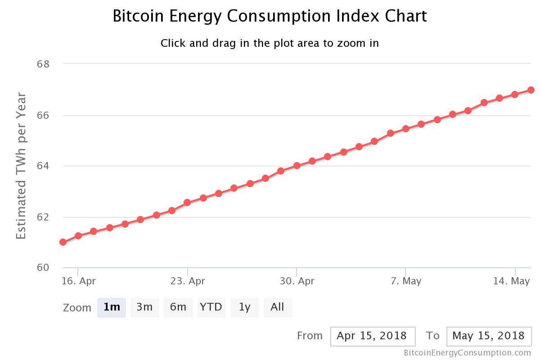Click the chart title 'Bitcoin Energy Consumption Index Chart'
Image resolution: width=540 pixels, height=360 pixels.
point(270,16)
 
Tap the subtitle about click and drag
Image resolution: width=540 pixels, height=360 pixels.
point(270,43)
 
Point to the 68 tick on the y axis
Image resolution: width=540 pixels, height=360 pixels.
point(43,64)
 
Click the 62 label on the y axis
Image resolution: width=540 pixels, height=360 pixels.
point(43,217)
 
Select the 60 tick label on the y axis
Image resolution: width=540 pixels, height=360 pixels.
point(43,268)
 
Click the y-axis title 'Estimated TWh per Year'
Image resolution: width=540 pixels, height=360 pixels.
point(21,166)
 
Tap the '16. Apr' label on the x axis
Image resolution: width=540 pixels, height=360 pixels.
point(79,281)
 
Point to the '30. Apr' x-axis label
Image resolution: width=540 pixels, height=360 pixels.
point(297,281)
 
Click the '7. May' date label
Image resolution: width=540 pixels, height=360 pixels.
point(406,281)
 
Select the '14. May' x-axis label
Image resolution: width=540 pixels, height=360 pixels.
point(512,281)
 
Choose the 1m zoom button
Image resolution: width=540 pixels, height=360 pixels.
point(112,307)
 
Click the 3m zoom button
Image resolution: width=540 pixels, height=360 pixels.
point(144,307)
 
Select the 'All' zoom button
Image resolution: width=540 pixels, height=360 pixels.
point(277,307)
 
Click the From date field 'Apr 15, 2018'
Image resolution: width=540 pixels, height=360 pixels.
point(372,336)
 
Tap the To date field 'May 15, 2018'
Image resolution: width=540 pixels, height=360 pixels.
point(489,336)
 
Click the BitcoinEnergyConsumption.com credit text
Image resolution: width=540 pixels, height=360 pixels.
point(467,353)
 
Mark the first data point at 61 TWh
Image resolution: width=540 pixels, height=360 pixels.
point(63,242)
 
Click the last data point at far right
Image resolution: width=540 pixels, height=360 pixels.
point(531,90)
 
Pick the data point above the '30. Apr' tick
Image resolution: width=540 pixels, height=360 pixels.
point(297,166)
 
